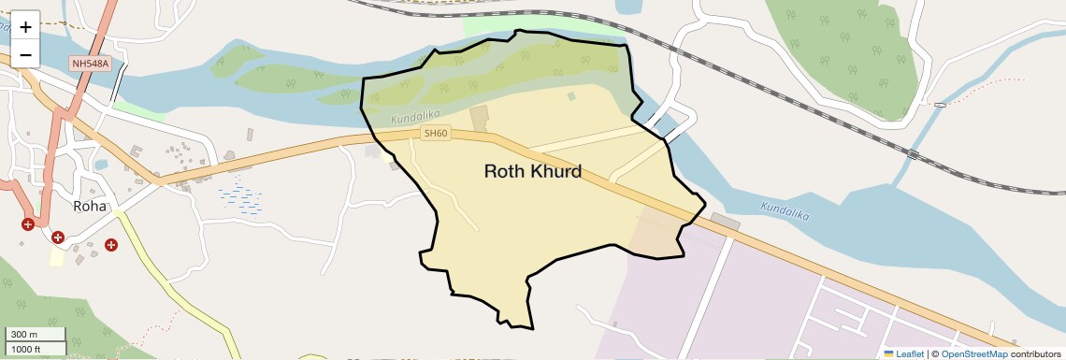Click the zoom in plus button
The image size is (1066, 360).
(x=25, y=27)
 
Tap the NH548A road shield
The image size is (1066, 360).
(x=90, y=64)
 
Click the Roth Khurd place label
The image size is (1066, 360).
(x=533, y=172)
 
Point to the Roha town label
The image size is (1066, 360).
(x=91, y=207)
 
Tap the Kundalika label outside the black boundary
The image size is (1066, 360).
(x=784, y=210)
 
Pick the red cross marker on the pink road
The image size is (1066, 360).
(x=28, y=224)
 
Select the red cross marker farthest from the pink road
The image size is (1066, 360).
(x=111, y=245)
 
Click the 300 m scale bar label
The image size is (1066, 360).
(x=24, y=335)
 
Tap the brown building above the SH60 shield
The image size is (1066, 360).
(x=480, y=120)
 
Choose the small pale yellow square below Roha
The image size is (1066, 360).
(x=57, y=257)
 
